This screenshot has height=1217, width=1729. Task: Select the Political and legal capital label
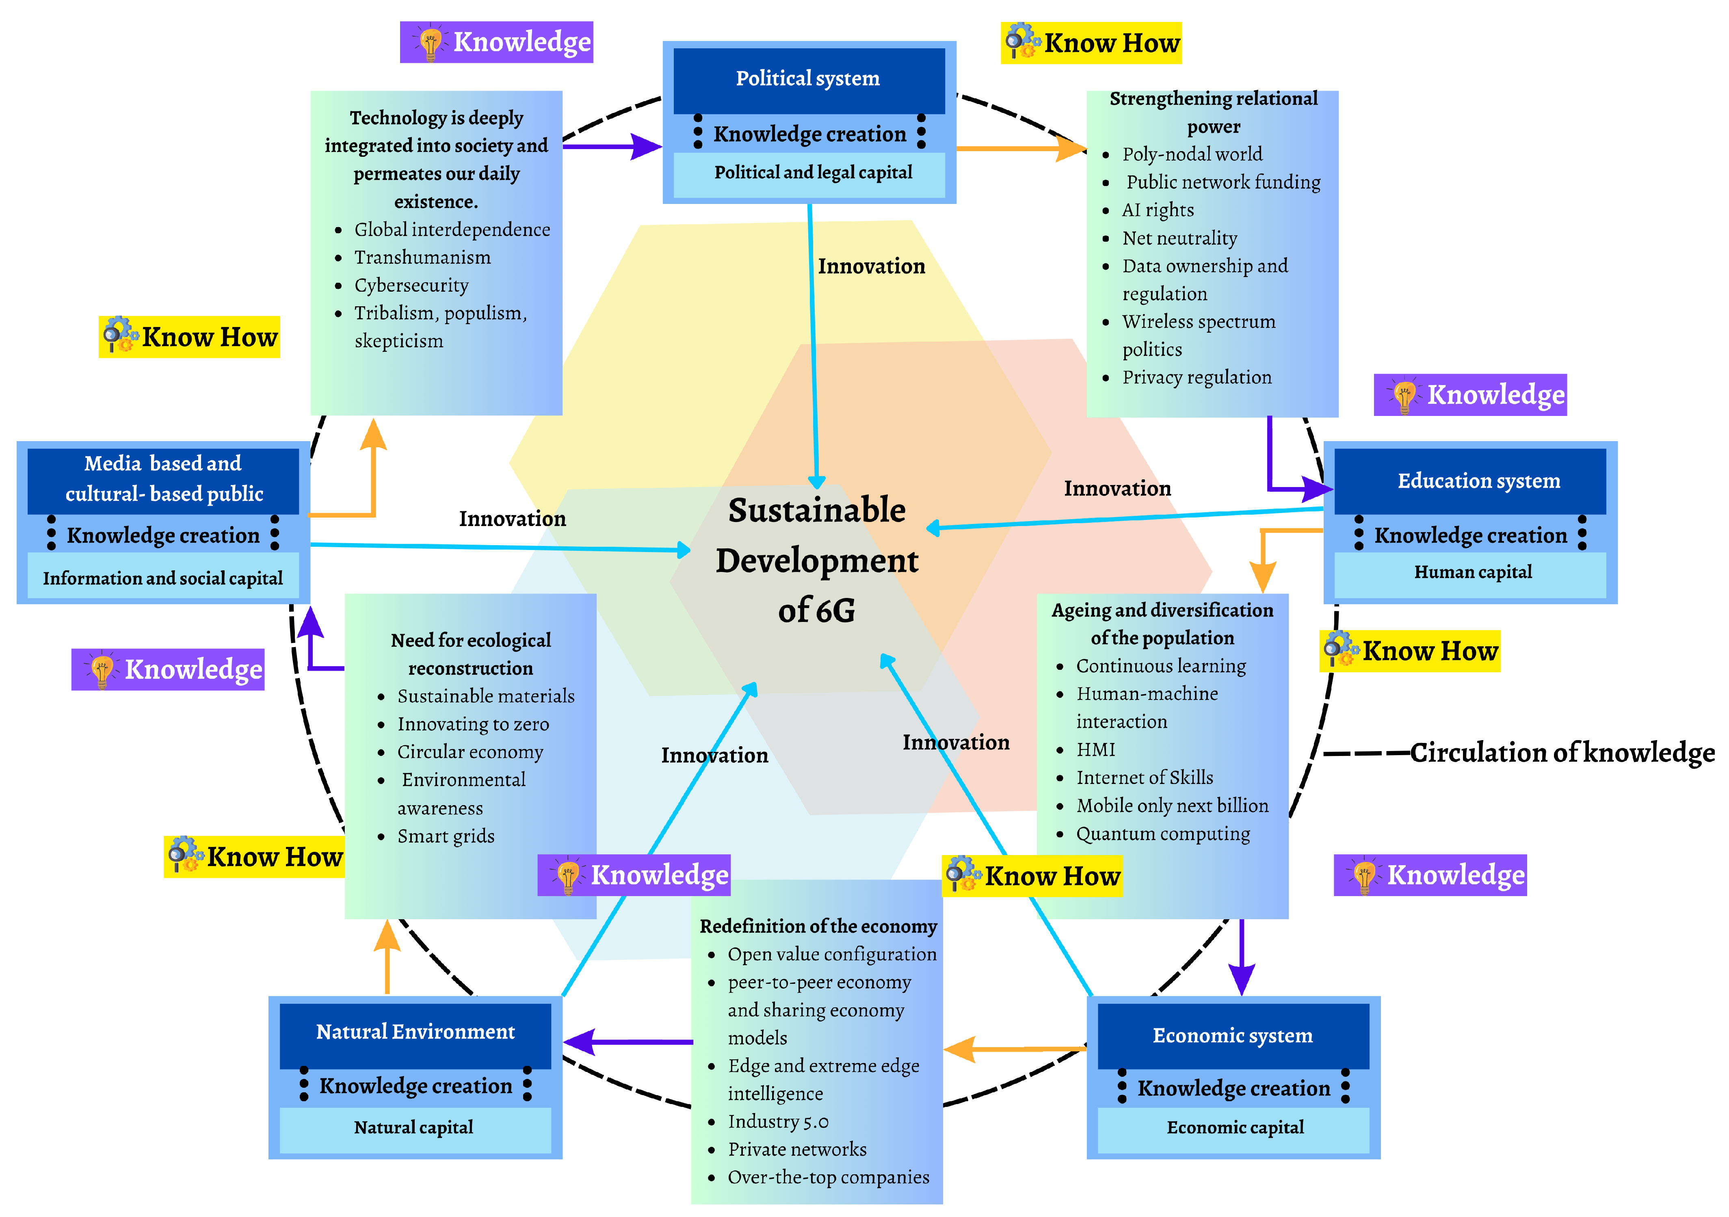[813, 173]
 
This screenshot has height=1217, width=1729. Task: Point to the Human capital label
[1472, 572]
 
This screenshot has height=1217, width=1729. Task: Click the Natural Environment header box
[415, 1032]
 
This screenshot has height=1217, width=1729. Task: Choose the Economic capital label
[1235, 1127]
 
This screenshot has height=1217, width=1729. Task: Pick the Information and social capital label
[162, 578]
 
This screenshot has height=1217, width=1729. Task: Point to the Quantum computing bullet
[1163, 834]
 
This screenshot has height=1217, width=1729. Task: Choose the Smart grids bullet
[446, 836]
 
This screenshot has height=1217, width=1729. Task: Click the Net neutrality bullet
[1179, 238]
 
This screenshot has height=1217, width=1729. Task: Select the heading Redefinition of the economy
[818, 926]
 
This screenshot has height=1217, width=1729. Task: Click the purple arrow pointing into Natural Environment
[625, 1042]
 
